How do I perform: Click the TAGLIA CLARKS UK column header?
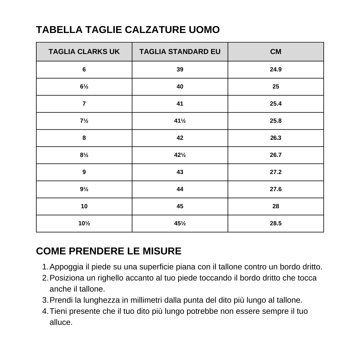click(84, 52)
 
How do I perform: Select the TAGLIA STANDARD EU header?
click(180, 52)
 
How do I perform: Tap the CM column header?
click(276, 52)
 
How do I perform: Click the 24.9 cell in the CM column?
click(276, 70)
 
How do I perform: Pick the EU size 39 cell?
click(180, 70)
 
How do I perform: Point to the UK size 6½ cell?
click(84, 87)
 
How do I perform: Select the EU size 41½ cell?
click(180, 121)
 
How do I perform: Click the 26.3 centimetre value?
click(276, 138)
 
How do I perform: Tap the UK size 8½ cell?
click(84, 155)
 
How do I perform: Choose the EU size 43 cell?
click(180, 172)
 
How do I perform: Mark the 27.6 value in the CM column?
click(276, 189)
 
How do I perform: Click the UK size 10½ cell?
click(84, 223)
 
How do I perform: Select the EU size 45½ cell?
click(180, 223)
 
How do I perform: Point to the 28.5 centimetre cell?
click(276, 223)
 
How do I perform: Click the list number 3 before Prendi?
click(45, 300)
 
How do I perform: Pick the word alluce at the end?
click(61, 322)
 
